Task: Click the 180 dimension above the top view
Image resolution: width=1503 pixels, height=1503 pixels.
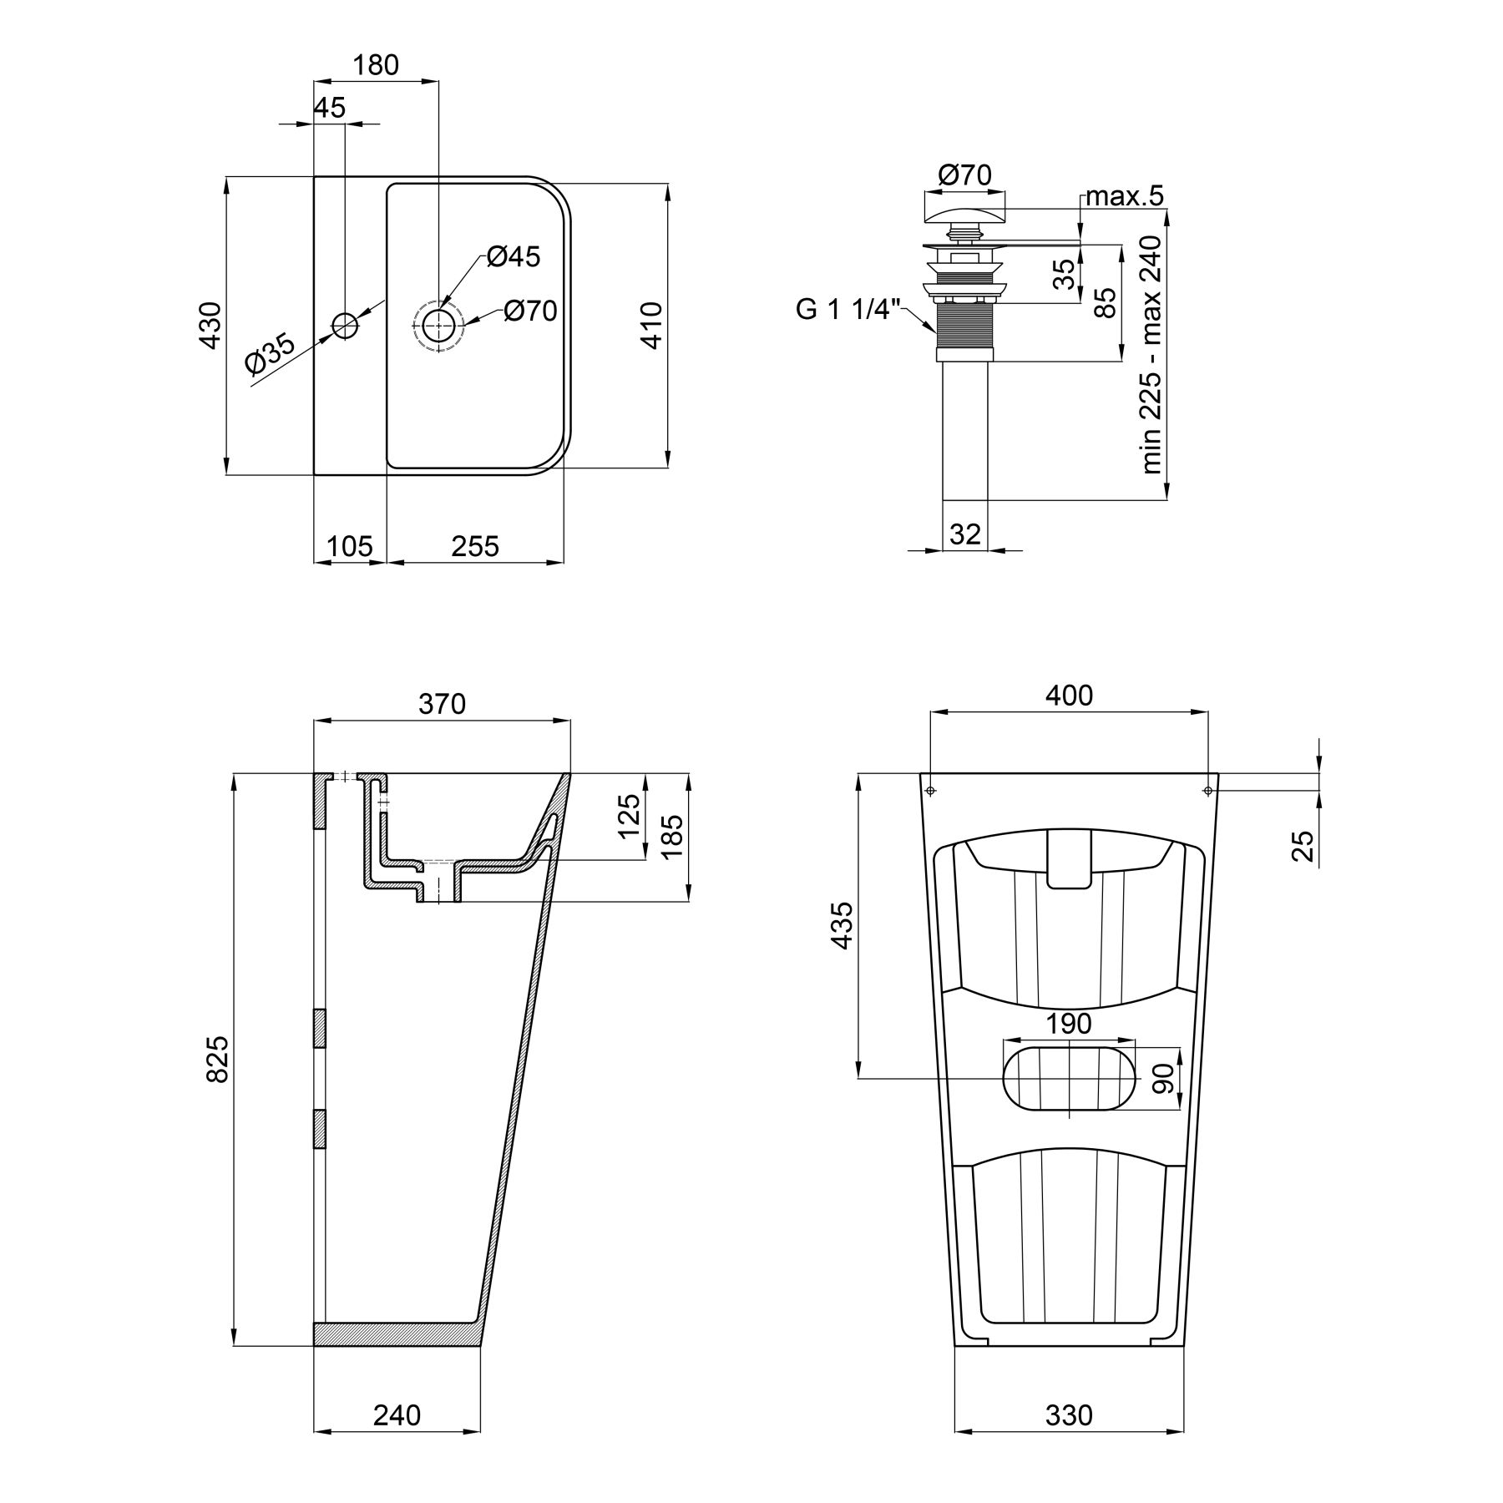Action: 376,64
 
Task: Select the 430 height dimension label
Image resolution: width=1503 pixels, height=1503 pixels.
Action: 210,326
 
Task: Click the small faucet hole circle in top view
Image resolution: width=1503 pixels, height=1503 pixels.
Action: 345,325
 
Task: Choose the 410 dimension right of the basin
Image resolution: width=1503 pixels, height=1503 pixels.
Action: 651,326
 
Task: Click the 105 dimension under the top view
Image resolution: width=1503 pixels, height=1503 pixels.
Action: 349,546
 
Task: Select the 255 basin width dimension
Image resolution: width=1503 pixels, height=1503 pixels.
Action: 475,546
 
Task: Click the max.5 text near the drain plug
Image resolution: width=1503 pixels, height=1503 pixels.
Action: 1124,197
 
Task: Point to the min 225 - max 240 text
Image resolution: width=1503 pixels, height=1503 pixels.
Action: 1152,355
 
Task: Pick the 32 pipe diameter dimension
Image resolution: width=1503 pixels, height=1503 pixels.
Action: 965,534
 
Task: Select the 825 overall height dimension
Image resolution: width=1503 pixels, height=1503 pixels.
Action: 217,1060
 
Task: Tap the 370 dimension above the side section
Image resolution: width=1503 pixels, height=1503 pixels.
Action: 442,704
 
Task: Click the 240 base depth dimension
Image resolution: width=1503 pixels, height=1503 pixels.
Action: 397,1415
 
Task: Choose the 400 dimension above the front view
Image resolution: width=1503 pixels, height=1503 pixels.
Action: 1069,695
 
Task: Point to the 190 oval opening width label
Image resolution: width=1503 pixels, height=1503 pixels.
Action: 1070,1023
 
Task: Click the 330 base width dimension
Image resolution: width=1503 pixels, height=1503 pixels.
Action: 1069,1415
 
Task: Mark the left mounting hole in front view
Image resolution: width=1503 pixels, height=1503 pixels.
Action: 932,790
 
